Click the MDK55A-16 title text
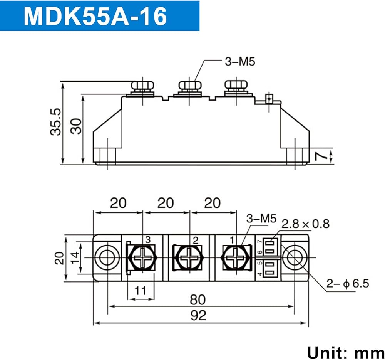coord(95,16)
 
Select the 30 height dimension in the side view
coord(76,126)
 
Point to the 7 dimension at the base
coord(321,156)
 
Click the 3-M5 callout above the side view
coord(240,61)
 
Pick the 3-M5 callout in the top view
coord(261,218)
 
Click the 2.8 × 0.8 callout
coord(305,224)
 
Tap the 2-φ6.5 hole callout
coord(348,284)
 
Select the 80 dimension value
coord(198,299)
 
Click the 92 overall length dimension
coord(198,315)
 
